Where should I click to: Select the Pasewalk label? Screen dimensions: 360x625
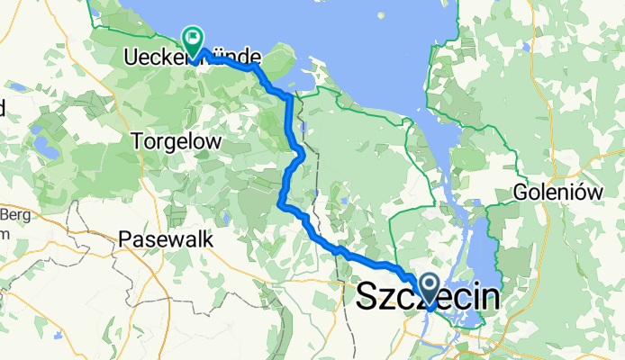pyautogui.click(x=165, y=240)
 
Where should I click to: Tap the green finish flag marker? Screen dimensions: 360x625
pyautogui.click(x=192, y=38)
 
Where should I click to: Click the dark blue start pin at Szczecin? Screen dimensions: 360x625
pyautogui.click(x=429, y=290)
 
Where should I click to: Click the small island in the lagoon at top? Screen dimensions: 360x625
pyautogui.click(x=380, y=15)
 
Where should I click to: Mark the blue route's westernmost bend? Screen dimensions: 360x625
pyautogui.click(x=281, y=205)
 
